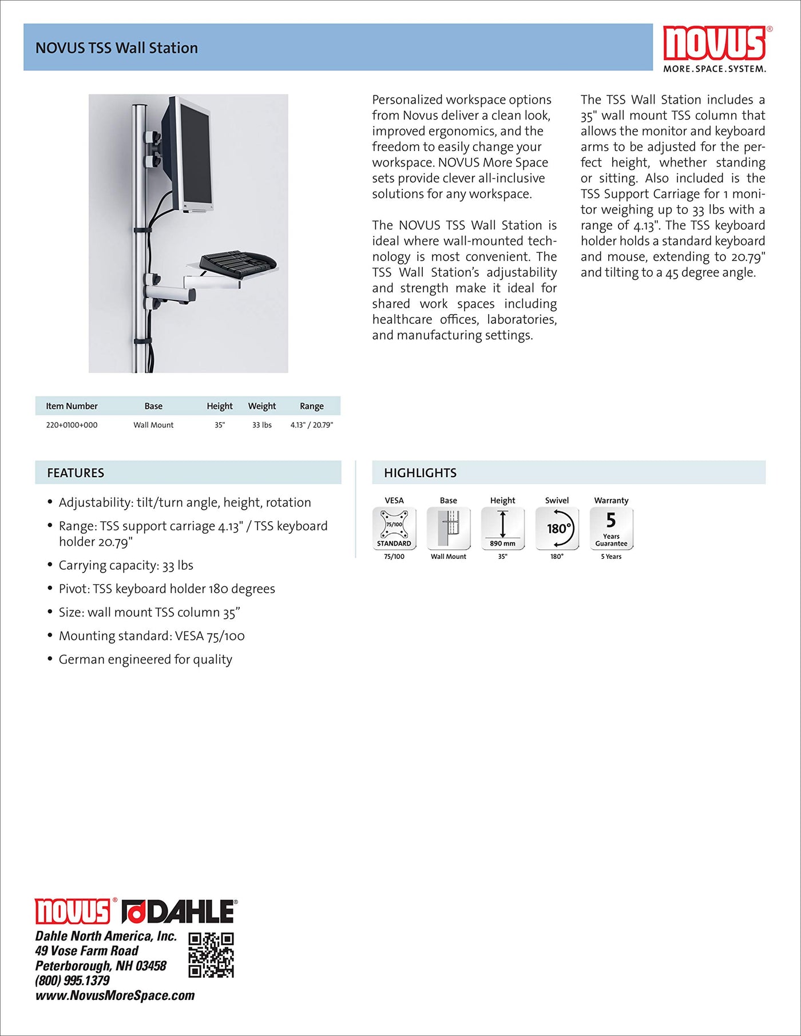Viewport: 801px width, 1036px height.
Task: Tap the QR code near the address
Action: click(211, 955)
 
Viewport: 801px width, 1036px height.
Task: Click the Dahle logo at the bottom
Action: click(179, 911)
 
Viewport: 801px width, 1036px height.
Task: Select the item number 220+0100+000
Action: click(72, 425)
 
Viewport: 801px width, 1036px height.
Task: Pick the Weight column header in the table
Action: click(262, 406)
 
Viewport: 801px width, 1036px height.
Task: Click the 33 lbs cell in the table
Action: click(262, 425)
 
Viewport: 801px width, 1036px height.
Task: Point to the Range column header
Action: click(312, 406)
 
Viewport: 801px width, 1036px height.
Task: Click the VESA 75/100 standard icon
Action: click(394, 529)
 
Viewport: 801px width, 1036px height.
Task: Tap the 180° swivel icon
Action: click(557, 529)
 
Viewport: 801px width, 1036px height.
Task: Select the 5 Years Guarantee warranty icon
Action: click(611, 529)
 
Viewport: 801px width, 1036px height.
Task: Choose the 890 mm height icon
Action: click(502, 529)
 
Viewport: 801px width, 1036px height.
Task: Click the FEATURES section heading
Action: click(76, 473)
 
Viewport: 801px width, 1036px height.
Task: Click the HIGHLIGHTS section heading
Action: click(420, 473)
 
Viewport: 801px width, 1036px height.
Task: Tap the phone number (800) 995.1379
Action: click(72, 981)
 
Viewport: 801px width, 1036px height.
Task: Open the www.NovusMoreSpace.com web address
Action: click(115, 996)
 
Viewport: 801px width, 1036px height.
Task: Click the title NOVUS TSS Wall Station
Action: click(117, 48)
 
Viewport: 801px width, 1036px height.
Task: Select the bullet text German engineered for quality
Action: click(145, 660)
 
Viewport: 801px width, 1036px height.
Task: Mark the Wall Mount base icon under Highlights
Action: click(449, 529)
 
